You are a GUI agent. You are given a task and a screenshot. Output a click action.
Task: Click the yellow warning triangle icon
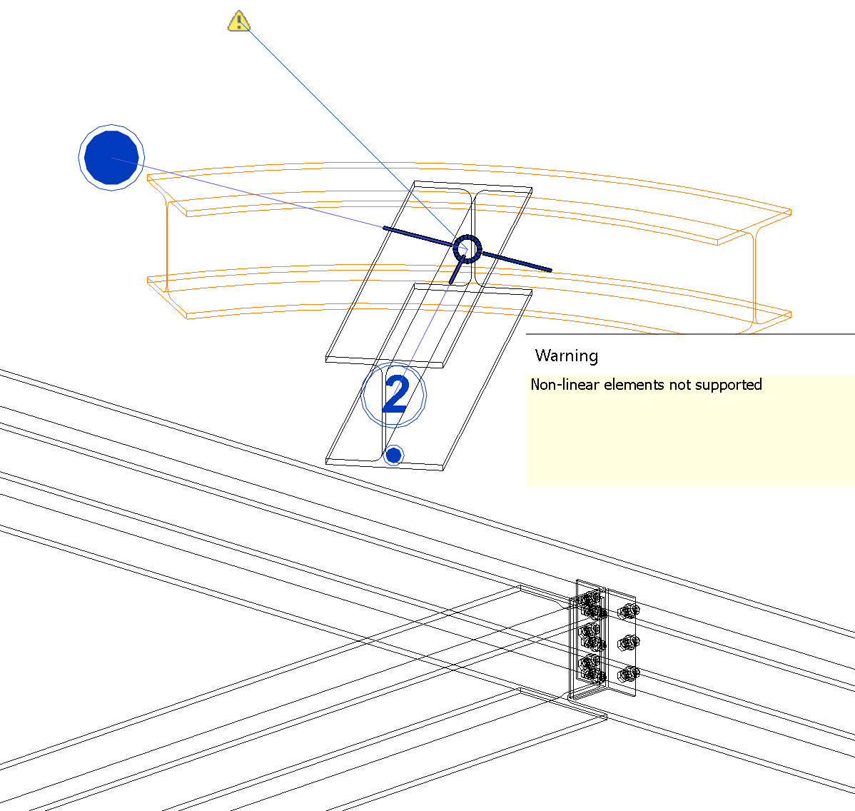tap(239, 22)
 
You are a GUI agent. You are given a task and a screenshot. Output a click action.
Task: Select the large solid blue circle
tap(111, 158)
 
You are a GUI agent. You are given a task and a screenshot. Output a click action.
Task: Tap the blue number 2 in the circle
tap(395, 395)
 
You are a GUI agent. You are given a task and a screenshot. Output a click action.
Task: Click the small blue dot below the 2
tap(393, 455)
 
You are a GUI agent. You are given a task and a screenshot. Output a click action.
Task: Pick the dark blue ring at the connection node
tap(467, 249)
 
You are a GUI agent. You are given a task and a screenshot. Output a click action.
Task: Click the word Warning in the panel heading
tap(566, 356)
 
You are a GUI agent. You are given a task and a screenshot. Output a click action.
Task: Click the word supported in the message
tap(729, 385)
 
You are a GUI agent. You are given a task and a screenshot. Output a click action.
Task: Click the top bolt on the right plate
tap(628, 610)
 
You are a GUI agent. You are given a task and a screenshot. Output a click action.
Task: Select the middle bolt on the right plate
tap(627, 643)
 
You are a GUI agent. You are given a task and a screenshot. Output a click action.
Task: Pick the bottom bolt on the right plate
tap(628, 673)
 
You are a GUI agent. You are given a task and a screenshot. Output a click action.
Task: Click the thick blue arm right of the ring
tap(517, 261)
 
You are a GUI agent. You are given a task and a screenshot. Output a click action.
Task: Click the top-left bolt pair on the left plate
tap(591, 601)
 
